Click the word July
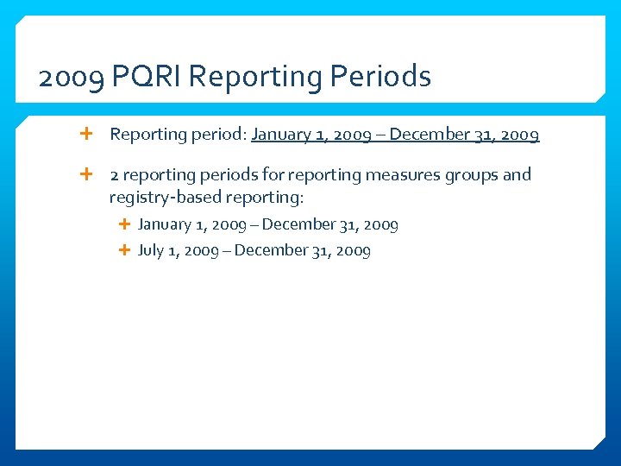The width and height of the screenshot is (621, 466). (150, 251)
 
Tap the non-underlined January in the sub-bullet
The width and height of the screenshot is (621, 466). (166, 225)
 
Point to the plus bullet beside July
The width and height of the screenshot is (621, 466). (123, 250)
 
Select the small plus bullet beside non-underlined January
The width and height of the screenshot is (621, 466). (123, 224)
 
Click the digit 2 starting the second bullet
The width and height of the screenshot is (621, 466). (114, 175)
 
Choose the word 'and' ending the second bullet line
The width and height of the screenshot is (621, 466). (517, 175)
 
